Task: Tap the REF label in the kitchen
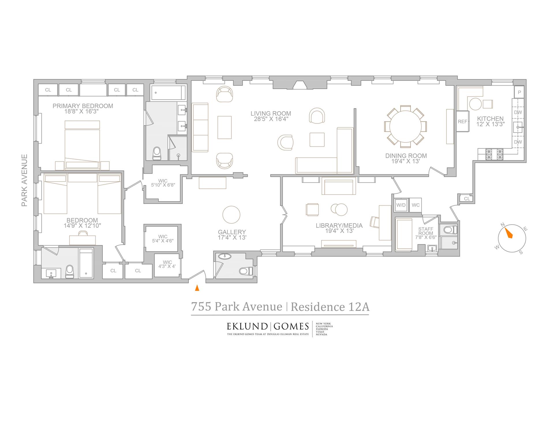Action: point(462,121)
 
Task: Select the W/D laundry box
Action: point(401,205)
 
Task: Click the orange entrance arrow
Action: point(197,288)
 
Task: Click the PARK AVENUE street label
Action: point(25,180)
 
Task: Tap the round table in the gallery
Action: point(231,215)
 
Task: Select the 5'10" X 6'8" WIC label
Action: point(163,185)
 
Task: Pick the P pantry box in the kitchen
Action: point(519,92)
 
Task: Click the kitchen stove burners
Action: point(494,154)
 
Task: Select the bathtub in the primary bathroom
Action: point(168,93)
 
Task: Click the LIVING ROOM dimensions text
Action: point(271,119)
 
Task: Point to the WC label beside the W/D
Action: point(415,205)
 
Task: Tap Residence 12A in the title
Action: point(330,307)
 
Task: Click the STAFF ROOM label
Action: point(426,231)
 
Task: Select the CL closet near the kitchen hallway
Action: point(467,198)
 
